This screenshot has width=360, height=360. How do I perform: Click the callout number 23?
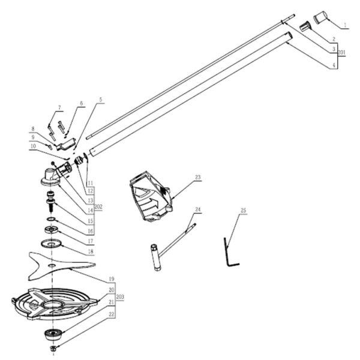click(x=197, y=178)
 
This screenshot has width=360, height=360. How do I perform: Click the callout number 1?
click(x=346, y=26)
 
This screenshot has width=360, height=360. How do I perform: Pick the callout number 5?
click(x=101, y=100)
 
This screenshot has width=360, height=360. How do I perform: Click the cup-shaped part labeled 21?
click(x=53, y=333)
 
